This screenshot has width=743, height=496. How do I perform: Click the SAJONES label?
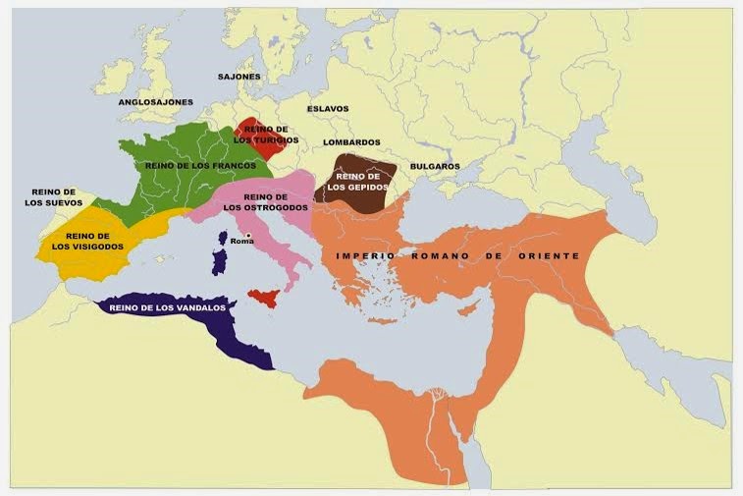(x=239, y=76)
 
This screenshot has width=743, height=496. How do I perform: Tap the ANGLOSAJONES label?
(x=155, y=102)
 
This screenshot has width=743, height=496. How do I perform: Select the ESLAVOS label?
(x=327, y=109)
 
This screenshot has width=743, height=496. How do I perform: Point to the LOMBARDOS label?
(x=351, y=142)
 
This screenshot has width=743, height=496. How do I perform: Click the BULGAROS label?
(x=435, y=166)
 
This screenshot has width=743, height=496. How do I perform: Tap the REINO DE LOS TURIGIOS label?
(x=265, y=135)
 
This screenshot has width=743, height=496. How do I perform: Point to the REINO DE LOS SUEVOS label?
(x=53, y=197)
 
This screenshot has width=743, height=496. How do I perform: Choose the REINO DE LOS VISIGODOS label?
(x=87, y=242)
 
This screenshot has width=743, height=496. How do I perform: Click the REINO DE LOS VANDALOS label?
(x=168, y=308)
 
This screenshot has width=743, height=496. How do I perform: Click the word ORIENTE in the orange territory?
(x=546, y=255)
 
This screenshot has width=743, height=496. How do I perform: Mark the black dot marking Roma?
(x=249, y=234)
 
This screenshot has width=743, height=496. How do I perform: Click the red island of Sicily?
(x=263, y=298)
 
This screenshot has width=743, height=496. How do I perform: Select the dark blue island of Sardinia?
(x=220, y=261)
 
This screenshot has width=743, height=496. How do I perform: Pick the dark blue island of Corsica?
(x=223, y=239)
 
